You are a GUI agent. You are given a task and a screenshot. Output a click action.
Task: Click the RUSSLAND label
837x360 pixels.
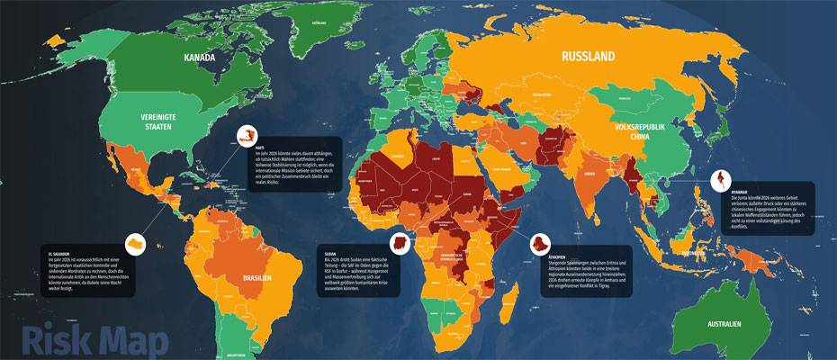589,57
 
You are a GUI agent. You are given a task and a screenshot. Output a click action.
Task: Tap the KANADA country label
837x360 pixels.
200,58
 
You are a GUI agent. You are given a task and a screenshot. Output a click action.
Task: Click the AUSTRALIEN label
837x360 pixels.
724,323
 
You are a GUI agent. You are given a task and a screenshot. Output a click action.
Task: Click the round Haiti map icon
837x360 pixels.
246,136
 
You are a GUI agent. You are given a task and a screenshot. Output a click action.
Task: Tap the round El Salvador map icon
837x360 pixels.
133,244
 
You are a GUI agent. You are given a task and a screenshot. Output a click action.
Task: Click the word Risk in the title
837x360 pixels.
56,341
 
